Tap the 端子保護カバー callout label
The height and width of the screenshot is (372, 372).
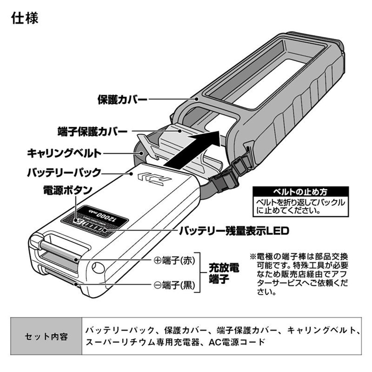point(92,130)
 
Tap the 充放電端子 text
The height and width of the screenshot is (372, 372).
point(223,272)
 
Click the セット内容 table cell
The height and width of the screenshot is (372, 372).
point(46,337)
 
